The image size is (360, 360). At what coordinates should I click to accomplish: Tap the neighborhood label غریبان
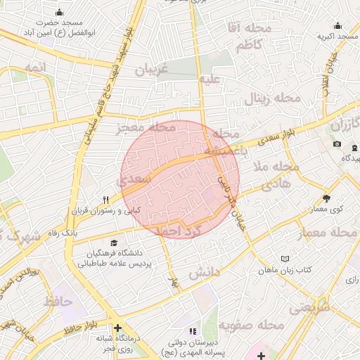pos(149,70)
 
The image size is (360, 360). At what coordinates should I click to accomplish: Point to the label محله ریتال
pos(273,98)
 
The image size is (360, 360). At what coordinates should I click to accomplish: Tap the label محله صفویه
pos(244,325)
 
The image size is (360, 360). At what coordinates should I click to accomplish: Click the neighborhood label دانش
pos(205,270)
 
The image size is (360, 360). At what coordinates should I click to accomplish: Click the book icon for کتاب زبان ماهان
pos(284,259)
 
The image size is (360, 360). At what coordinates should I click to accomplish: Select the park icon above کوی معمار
pos(325,198)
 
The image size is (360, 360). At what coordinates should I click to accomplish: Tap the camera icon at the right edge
pos(337,144)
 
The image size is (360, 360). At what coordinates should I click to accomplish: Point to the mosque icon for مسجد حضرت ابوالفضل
pos(59,11)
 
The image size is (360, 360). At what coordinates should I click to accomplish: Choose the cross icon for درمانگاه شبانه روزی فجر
pos(117,328)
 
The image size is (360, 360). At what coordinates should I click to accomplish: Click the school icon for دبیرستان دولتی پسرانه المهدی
pos(191,330)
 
